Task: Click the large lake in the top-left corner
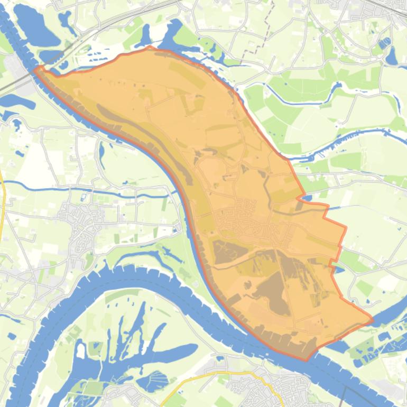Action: click(x=34, y=26)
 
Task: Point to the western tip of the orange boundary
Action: click(x=35, y=69)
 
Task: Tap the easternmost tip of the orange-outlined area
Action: click(x=372, y=319)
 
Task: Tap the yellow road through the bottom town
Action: click(x=233, y=374)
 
